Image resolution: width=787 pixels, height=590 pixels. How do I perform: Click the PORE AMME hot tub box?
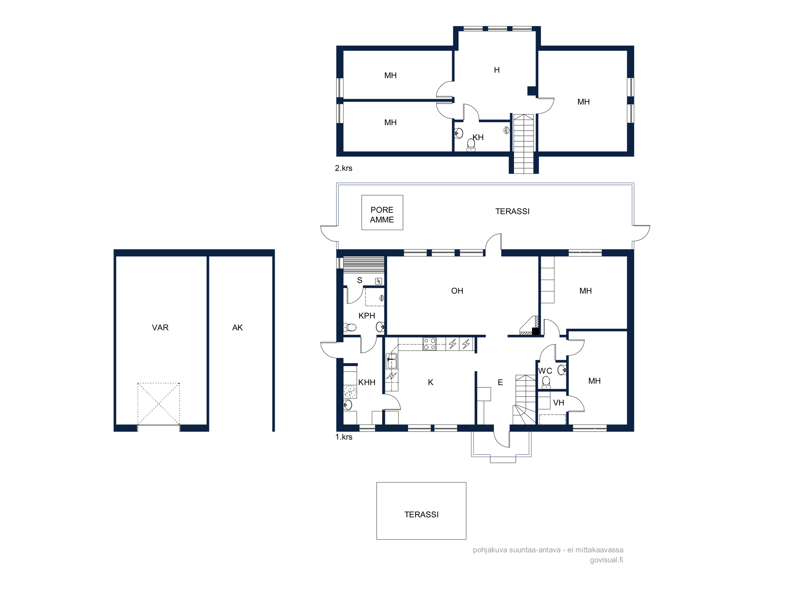click(x=382, y=212)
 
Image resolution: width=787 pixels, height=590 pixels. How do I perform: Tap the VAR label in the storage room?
click(x=160, y=328)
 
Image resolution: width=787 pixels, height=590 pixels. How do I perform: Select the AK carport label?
click(x=237, y=328)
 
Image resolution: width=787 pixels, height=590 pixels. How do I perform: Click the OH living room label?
click(x=457, y=291)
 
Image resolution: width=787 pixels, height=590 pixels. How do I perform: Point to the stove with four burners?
click(x=429, y=344)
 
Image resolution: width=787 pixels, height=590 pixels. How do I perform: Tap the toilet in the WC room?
click(x=546, y=382)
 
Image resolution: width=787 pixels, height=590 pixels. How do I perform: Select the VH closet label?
click(x=558, y=403)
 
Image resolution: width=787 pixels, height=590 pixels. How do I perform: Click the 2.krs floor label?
click(x=344, y=168)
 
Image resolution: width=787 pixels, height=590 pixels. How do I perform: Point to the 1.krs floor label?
click(x=344, y=437)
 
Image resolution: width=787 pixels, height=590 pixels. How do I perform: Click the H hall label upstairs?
click(x=497, y=70)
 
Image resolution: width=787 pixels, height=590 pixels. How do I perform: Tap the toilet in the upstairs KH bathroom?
click(x=471, y=145)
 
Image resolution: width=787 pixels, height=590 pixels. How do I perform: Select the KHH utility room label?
click(x=367, y=382)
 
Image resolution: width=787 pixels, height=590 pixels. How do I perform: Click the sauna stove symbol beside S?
click(x=379, y=281)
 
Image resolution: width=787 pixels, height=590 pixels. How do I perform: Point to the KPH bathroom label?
click(x=367, y=316)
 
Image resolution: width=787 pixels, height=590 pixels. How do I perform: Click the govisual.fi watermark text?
click(x=606, y=560)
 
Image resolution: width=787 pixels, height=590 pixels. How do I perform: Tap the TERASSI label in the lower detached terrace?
click(x=421, y=515)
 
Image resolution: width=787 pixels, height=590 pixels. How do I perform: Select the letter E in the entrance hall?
click(x=500, y=382)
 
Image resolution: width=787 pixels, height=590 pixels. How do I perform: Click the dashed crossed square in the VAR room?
click(x=159, y=404)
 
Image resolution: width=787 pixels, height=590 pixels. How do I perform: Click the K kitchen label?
click(x=430, y=382)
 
